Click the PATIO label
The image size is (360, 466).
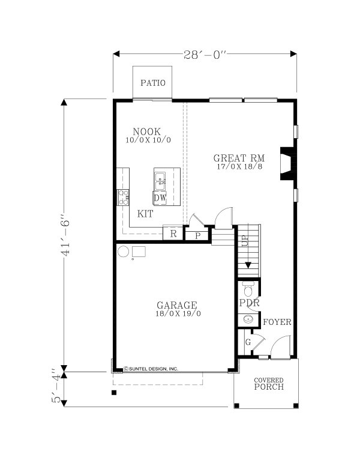pos(152,83)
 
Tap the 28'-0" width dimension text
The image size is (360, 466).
pos(205,55)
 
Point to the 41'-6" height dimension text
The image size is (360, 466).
pos(65,234)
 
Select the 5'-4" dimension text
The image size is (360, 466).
pos(56,386)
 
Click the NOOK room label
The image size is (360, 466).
pos(147,132)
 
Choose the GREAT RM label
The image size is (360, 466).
pos(239,158)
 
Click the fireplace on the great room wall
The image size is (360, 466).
pos(288,163)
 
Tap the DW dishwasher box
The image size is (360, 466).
pos(160,198)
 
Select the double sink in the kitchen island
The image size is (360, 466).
pos(160,181)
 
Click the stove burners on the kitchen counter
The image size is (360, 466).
pos(123,198)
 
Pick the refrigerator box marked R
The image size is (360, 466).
pos(173,233)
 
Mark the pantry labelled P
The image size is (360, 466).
pos(197,236)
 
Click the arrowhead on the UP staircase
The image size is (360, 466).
pos(248,265)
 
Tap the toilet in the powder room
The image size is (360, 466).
pos(248,289)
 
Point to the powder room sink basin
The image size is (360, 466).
pos(248,319)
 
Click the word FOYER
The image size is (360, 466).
pos(277,322)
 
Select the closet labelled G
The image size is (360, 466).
pos(248,342)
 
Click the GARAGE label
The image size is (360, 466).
pos(177,305)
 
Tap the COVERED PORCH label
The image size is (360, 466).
pos(269,384)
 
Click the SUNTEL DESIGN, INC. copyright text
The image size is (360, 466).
pos(151,369)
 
